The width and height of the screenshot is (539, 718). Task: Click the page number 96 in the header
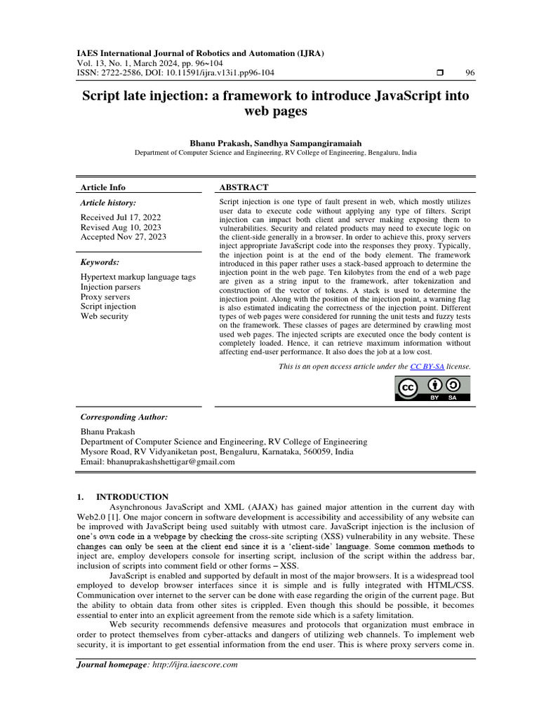coord(470,73)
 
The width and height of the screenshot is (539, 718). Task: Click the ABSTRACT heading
coord(244,187)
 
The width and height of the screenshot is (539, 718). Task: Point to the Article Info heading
coord(103,187)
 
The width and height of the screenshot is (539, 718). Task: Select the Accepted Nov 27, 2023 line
coord(124,237)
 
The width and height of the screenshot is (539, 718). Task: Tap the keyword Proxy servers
coord(106,297)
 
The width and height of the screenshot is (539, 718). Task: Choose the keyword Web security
coord(105,316)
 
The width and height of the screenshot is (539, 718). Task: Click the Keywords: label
coord(100,262)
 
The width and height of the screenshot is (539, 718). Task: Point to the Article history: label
coord(109,203)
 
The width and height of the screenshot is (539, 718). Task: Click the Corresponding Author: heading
coord(124,416)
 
